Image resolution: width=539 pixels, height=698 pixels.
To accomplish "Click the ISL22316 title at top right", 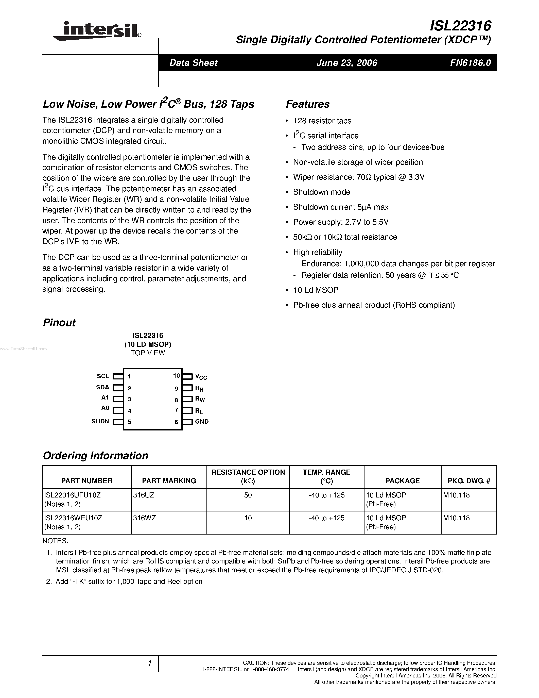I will coord(460,26).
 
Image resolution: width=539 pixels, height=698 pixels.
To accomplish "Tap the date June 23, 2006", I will coord(347,63).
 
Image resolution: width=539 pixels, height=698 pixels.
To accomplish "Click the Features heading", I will coord(307,104).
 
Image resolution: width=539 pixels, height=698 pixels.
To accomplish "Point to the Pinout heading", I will coord(59,323).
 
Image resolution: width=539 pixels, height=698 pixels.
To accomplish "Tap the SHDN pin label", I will coord(100,421).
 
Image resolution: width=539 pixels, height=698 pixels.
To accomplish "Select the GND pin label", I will coord(202,422).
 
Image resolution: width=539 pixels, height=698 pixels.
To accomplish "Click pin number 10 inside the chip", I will coord(177,376).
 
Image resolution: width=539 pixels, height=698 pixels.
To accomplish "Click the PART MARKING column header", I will coord(169,481).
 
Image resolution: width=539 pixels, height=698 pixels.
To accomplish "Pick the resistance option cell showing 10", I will coord(248,518).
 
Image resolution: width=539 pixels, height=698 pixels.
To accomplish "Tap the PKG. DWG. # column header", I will coord(469,481).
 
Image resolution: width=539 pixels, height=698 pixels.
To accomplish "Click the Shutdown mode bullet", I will coord(322,192).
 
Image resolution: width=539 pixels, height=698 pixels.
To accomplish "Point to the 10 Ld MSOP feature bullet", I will coord(316,290).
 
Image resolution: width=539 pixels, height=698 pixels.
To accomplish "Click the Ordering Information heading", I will coord(95,455).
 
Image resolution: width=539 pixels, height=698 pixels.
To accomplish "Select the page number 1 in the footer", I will coord(149,663).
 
